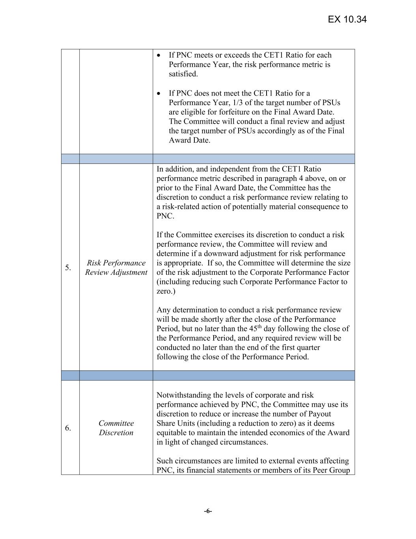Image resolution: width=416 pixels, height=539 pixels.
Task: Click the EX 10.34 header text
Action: point(347,19)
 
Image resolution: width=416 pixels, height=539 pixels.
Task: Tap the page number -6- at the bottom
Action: point(208,511)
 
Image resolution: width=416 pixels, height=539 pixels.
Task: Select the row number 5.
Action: point(68,268)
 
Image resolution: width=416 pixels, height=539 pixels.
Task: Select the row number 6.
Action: point(68,428)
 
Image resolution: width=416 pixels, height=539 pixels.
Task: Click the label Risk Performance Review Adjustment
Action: point(116,268)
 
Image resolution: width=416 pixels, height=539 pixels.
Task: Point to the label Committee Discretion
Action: point(116,428)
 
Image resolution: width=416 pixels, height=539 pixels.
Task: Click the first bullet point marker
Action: point(159,55)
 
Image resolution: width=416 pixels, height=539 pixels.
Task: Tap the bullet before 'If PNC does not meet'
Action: point(159,93)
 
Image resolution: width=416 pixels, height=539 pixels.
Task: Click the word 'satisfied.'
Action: point(183,74)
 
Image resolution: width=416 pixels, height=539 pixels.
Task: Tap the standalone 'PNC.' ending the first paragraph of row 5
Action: point(165,216)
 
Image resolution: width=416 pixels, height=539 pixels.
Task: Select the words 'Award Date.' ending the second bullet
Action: point(189,141)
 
